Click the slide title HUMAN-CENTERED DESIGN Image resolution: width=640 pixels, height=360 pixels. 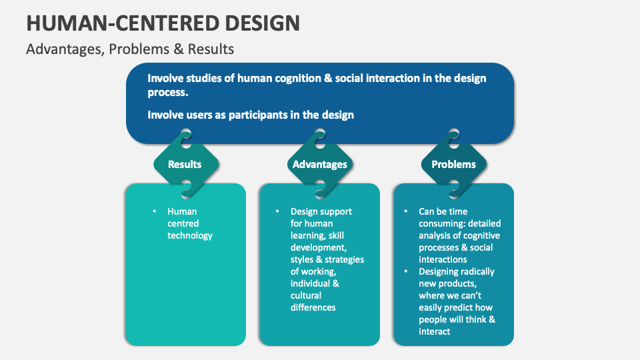(x=163, y=23)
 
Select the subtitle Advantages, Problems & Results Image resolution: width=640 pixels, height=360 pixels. (x=130, y=49)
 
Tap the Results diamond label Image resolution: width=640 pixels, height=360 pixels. (x=185, y=164)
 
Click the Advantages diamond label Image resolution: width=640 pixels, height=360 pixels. (x=319, y=164)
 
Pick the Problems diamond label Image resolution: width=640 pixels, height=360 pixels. (x=453, y=164)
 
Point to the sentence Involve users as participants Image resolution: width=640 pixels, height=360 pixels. (x=250, y=115)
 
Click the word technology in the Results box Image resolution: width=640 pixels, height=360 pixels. (x=190, y=235)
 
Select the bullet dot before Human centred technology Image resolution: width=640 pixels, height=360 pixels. (x=152, y=211)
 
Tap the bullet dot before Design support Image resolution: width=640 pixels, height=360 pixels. (x=277, y=211)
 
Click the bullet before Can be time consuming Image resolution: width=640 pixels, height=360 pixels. (x=405, y=211)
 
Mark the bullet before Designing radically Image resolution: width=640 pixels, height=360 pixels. (x=405, y=271)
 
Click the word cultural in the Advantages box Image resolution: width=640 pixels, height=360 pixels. (x=306, y=295)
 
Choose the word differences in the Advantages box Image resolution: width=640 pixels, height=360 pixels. (x=313, y=307)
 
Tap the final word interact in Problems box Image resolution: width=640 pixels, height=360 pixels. (x=435, y=331)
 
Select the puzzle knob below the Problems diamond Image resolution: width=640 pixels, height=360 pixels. (x=454, y=191)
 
